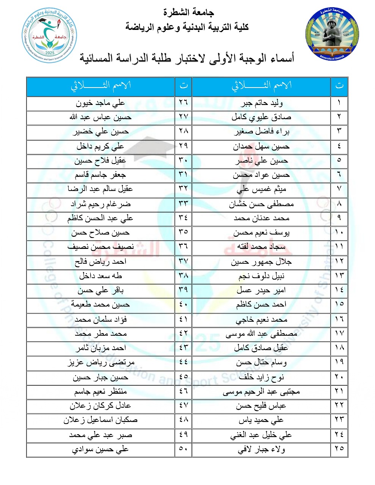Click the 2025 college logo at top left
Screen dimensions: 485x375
[49, 35]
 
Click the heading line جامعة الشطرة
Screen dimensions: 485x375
[188, 13]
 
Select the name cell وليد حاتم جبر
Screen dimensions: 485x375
[261, 103]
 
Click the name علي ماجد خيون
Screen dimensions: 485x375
[100, 103]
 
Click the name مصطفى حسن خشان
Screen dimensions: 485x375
[261, 204]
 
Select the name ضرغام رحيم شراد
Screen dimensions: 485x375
[100, 204]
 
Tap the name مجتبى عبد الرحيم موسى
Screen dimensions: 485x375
[261, 391]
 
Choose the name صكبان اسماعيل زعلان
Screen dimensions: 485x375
[100, 420]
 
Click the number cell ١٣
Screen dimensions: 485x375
[339, 276]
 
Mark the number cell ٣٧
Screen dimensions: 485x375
[183, 262]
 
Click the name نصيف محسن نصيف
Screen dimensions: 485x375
[100, 247]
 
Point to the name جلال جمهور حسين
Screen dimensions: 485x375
[261, 262]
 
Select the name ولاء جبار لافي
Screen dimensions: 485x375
[261, 449]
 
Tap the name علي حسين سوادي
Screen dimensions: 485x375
[100, 449]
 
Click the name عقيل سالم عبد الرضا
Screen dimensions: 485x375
[100, 189]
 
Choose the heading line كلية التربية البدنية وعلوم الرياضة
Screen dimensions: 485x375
[187, 27]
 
